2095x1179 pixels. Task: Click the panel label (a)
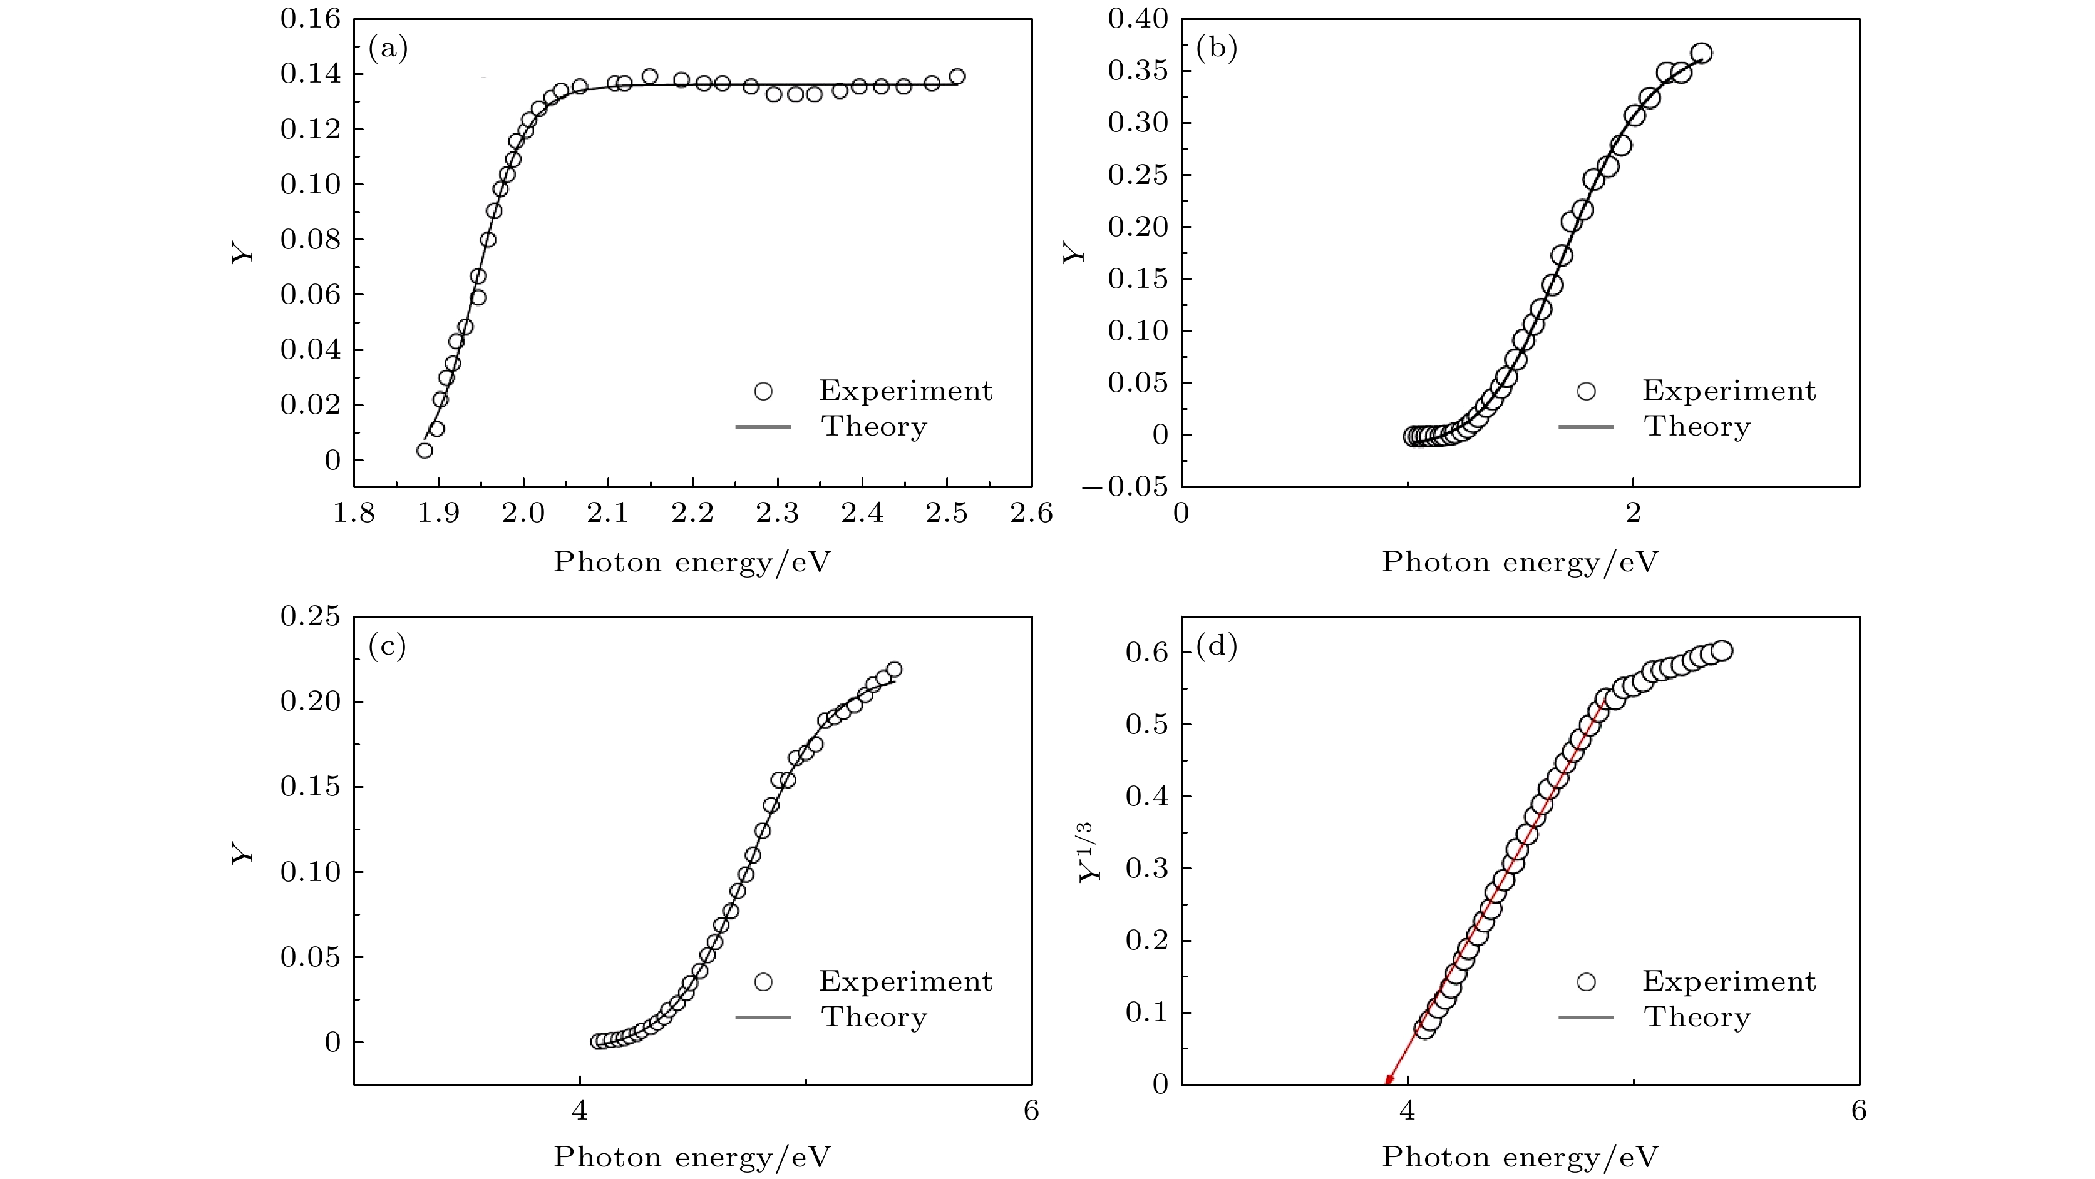point(388,49)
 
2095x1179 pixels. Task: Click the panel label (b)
point(1216,49)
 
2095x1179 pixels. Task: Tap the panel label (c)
point(388,646)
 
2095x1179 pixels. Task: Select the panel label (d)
point(1216,646)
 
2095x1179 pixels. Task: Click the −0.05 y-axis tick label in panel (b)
point(1125,487)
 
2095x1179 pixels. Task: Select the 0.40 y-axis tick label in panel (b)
point(1138,18)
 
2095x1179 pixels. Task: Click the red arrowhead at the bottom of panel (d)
point(1387,1079)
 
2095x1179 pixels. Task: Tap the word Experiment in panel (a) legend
point(905,391)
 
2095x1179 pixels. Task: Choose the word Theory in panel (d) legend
point(1697,1017)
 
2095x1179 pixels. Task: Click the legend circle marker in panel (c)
point(763,982)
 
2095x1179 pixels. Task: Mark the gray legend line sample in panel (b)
point(1586,427)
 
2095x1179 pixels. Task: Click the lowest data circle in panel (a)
point(425,451)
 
